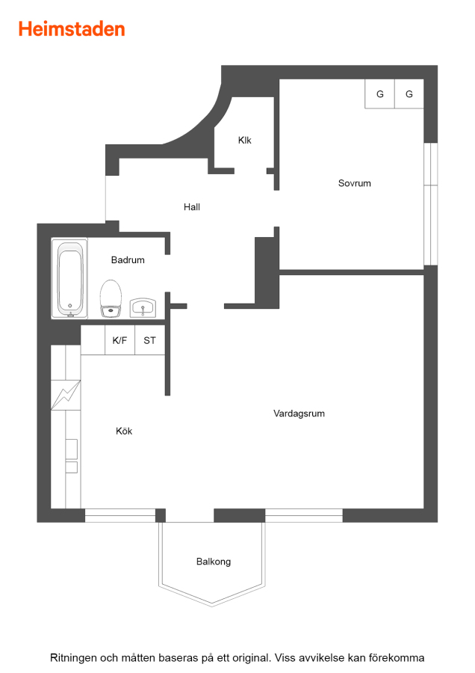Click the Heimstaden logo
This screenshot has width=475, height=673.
coord(72,29)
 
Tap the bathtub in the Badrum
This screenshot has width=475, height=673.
coord(69,278)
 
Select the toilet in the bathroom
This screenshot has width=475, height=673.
coord(111,298)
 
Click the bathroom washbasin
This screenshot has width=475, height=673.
coord(143,308)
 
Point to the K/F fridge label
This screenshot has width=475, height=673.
coord(119,340)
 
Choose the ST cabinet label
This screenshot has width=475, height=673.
coord(149,340)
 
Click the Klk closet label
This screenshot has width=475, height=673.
coord(245,140)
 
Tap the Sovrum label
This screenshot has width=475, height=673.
coord(355,183)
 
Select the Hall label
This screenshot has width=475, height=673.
coord(192,207)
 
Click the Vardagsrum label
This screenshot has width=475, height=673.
coord(299,414)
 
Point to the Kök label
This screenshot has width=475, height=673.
coord(124,431)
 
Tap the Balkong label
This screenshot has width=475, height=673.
coord(214,562)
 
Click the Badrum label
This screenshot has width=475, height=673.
coord(128,259)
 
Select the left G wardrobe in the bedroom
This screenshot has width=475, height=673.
coord(380,94)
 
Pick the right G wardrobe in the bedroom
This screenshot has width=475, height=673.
coord(409,94)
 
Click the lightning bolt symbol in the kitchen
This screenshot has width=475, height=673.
coord(66,395)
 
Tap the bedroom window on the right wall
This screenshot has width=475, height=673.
coord(431,204)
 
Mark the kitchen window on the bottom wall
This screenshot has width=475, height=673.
coord(120,515)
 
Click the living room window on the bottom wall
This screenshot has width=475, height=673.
coord(304,515)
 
